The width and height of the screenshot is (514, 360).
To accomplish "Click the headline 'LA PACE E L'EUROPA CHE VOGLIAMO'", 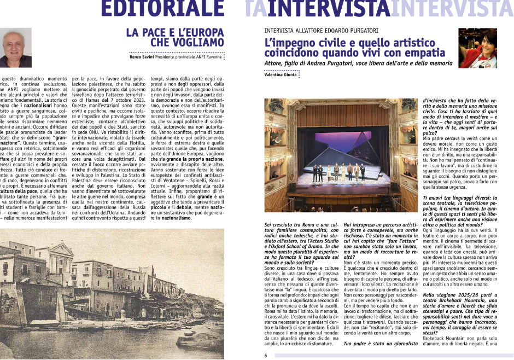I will [176, 37].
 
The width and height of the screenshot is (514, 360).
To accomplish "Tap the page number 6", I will [266, 355].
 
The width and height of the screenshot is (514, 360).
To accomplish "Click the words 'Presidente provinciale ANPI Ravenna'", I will [191, 56].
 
